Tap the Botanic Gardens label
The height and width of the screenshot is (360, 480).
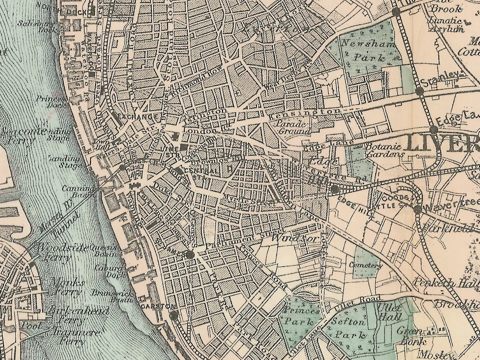click(x=378, y=150)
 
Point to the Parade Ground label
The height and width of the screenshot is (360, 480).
click(x=293, y=127)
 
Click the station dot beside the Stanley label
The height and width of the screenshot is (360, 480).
click(x=420, y=92)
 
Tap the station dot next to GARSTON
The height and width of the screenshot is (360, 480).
click(x=174, y=315)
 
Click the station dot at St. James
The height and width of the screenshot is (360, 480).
click(x=190, y=254)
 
